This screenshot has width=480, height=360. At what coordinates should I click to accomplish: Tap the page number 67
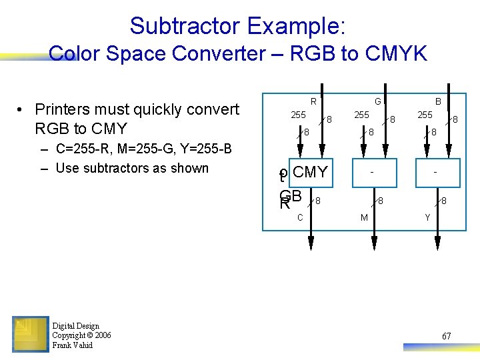pos(446,336)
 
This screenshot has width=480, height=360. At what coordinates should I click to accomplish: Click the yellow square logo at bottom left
pos(30,333)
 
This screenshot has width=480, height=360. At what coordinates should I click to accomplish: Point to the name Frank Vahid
pos(72,345)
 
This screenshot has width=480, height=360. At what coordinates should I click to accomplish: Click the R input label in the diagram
pos(313,101)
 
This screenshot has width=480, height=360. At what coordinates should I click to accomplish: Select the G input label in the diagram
pos(377,101)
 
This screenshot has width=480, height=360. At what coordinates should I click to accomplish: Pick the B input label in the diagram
pos(438,101)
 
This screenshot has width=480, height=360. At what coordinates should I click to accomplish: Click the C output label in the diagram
pos(300,218)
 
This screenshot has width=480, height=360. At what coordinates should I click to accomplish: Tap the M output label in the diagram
pos(364,218)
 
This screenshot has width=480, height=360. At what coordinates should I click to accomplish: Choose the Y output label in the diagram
pos(427,218)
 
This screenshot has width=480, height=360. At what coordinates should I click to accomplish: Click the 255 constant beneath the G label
pos(361,115)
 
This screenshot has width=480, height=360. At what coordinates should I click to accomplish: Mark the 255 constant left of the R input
pos(298,115)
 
